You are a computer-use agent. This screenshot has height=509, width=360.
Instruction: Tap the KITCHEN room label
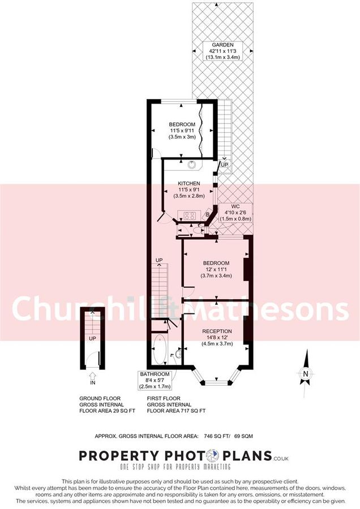pyautogui.click(x=188, y=184)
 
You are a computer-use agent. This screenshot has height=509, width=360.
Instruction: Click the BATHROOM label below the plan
pyautogui.click(x=155, y=374)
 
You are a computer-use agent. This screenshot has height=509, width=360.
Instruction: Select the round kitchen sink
pyautogui.click(x=193, y=165)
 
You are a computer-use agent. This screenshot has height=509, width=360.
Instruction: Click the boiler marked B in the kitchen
pyautogui.click(x=208, y=214)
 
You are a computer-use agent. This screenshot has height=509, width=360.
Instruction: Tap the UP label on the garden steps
pyautogui.click(x=225, y=165)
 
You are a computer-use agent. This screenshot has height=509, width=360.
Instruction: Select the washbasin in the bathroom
pyautogui.click(x=177, y=355)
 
